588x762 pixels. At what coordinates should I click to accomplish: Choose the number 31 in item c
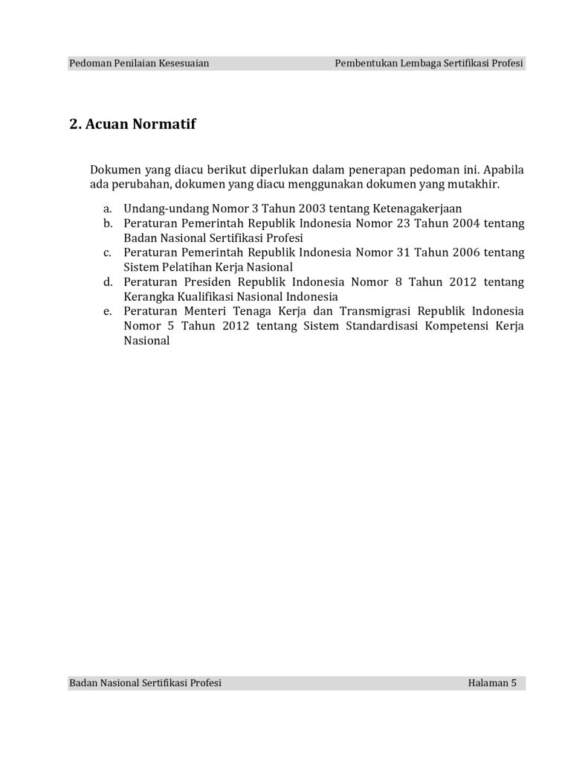tap(395, 253)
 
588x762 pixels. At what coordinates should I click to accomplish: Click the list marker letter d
tap(108, 282)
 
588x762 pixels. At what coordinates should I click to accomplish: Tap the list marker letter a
tap(108, 209)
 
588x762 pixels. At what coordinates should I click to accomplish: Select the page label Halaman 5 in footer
tap(492, 682)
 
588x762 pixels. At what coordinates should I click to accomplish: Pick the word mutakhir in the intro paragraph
tap(476, 184)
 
